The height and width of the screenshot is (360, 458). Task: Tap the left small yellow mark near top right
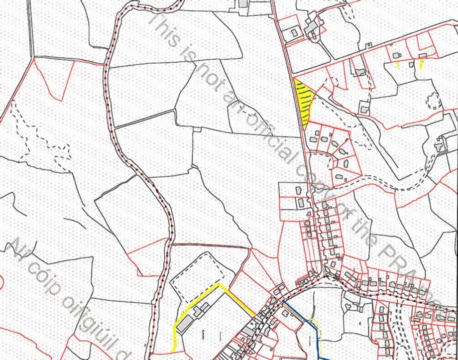(397, 65)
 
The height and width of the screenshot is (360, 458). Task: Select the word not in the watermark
(210, 75)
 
